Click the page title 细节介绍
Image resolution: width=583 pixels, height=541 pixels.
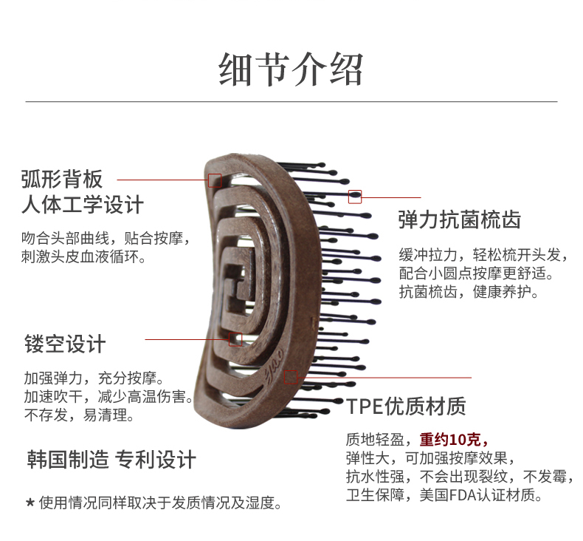coord(291,69)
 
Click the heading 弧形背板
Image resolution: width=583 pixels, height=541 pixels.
coord(62,179)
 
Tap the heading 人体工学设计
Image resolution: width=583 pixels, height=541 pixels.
coord(82,205)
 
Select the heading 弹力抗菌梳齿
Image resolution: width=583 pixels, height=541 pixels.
coord(459,220)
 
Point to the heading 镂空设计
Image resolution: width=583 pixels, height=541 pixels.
coord(65,344)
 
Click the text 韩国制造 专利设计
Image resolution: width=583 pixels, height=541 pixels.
coord(111,459)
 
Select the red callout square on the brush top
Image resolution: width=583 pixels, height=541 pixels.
coord(215,180)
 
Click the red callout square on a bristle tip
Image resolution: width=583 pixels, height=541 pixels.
coord(355,197)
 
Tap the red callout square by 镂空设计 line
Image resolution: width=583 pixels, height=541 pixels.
coord(235,339)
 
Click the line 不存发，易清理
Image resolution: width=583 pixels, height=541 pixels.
coord(79,415)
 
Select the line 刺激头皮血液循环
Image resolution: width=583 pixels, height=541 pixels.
coord(83,257)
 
